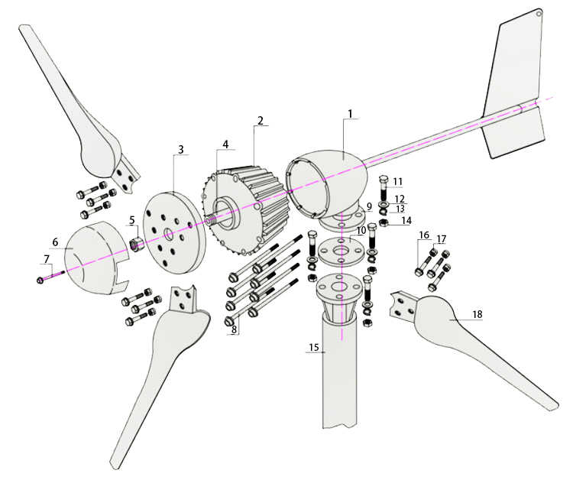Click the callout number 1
coord(350,114)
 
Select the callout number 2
coord(261,121)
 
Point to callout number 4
coord(225,144)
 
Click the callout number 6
coord(55,242)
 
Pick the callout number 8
coord(235,330)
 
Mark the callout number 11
coord(398,181)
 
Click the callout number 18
coord(477,314)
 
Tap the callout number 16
coord(424,235)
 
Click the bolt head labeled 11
coord(384,180)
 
